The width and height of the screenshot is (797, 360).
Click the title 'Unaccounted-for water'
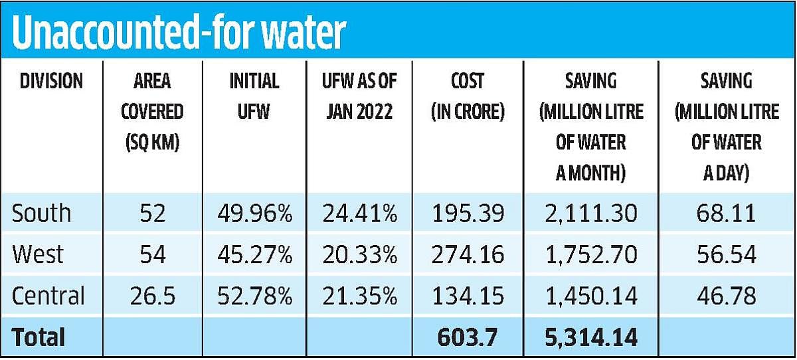coord(178,33)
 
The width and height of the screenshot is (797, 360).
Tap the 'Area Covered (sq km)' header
coord(152,112)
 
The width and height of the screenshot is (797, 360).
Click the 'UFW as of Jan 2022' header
coord(359,96)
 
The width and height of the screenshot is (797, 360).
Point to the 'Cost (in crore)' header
coord(468,96)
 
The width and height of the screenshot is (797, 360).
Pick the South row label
coord(41,213)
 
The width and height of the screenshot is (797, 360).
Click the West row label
coord(38,254)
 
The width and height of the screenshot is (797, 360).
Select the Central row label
coord(48,296)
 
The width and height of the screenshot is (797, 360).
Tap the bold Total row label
coord(39,337)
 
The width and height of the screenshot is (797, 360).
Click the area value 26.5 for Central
coord(152,296)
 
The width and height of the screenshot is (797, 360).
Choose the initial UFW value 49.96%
coord(254,213)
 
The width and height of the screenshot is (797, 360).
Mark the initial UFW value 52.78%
coord(254,296)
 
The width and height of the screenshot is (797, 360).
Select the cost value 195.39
coord(468,213)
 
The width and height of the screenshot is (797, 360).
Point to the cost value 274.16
coord(468,254)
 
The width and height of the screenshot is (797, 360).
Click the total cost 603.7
coord(468,337)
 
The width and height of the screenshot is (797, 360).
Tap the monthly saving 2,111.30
coord(590,213)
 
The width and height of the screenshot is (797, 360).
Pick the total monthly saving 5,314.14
coord(590,337)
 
